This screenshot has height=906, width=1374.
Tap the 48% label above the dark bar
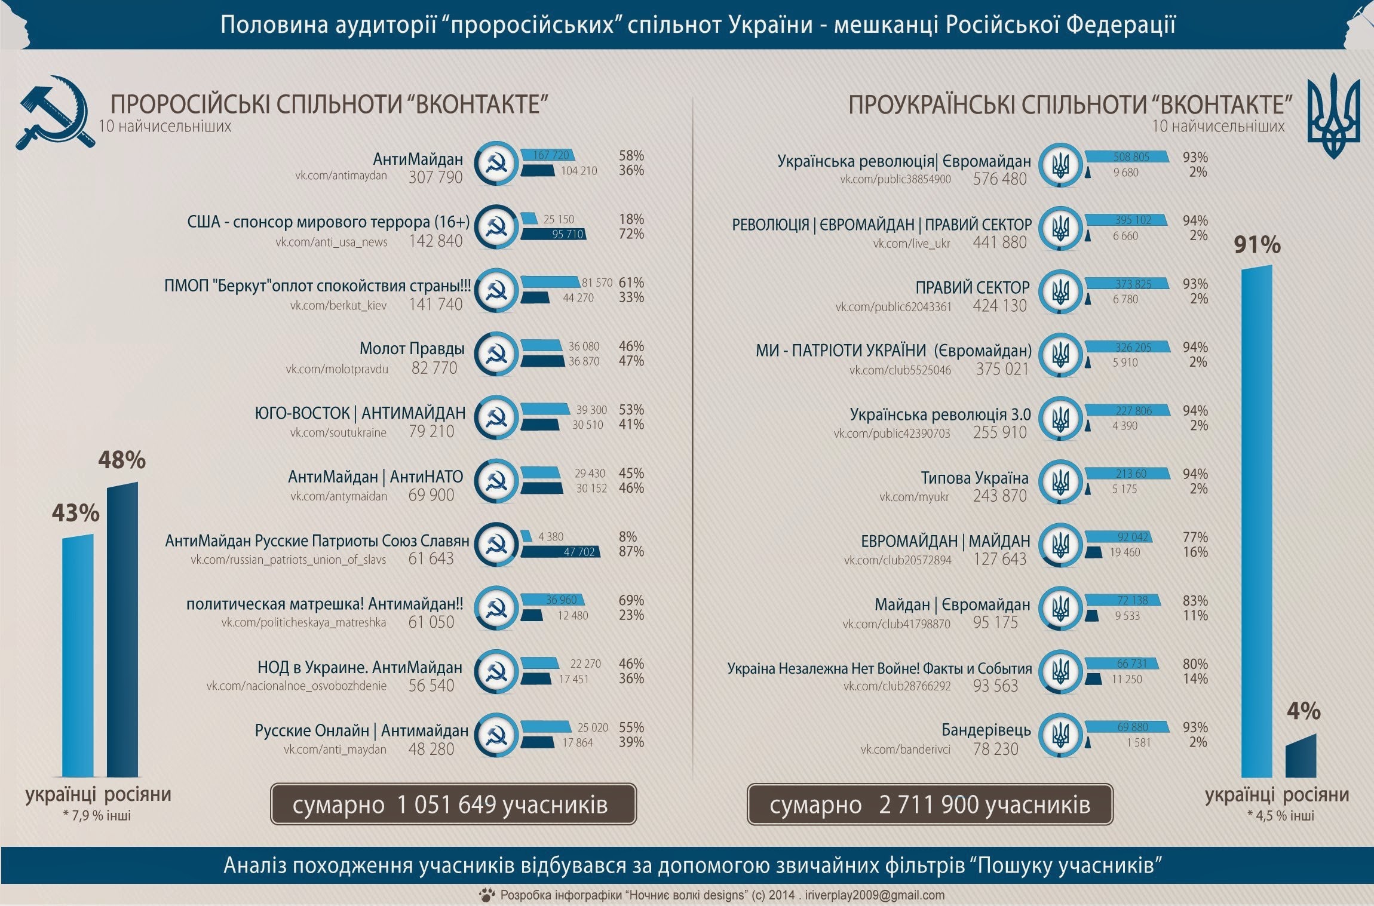coord(122,460)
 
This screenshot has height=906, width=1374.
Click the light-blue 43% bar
coord(78,655)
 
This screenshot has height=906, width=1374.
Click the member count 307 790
coord(435,177)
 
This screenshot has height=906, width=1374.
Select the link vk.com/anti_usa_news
coord(331,242)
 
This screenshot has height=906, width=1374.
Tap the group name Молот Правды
coord(412,349)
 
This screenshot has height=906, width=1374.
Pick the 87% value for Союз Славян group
coord(631,551)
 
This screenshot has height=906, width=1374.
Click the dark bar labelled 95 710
coord(553,234)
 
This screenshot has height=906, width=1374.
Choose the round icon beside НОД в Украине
coord(495,671)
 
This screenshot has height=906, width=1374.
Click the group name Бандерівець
coord(986,730)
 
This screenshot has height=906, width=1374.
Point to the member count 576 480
coord(999,179)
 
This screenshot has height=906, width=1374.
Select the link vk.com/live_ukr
coord(911,243)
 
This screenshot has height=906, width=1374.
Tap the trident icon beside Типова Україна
coord(1060,481)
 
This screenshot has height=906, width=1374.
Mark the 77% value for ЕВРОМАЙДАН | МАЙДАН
coord(1195,537)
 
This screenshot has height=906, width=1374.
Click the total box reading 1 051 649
coord(453,804)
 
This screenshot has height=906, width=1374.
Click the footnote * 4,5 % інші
coord(1280,815)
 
